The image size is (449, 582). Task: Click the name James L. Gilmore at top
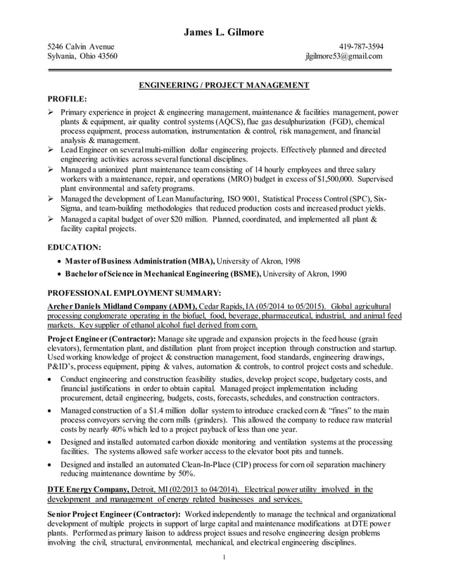tap(224, 32)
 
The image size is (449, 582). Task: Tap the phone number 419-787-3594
tap(361, 47)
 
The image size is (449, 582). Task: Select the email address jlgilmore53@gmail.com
tap(343, 56)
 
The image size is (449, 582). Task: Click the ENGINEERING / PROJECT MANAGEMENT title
tap(224, 85)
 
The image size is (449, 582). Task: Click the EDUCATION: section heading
tap(73, 247)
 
